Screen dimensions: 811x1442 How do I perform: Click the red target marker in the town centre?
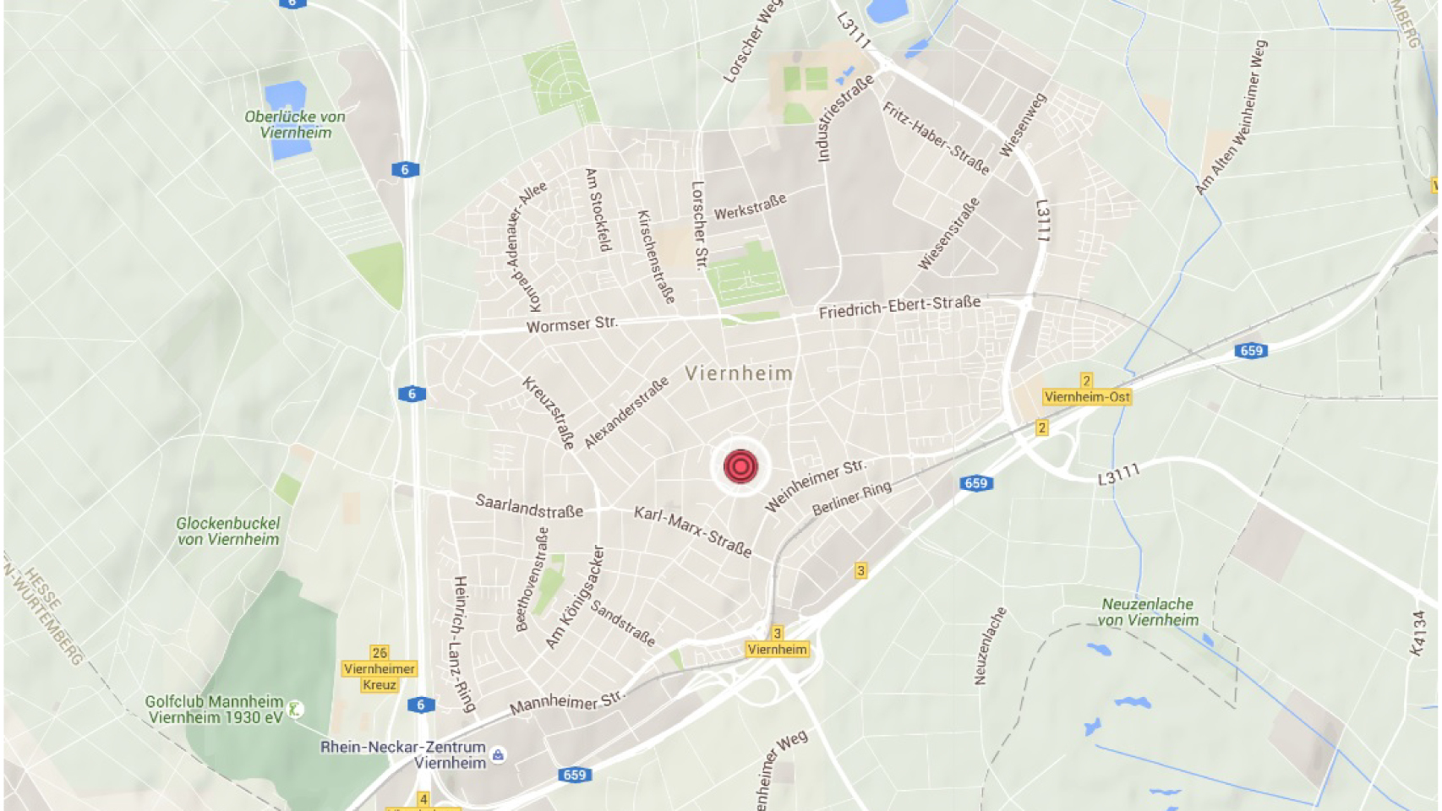[740, 466]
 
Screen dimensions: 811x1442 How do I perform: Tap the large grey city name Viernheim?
[739, 373]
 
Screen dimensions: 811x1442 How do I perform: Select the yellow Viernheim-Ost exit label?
[1087, 396]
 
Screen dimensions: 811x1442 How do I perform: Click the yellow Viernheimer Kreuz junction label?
[380, 676]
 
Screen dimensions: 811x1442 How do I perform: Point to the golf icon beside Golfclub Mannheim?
[295, 710]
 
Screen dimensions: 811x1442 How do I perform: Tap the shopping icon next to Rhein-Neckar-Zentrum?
[499, 755]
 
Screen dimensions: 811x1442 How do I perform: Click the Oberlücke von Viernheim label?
[295, 124]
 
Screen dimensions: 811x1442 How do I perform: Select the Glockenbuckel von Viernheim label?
[228, 531]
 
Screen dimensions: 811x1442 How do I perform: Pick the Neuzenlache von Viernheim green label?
[1148, 612]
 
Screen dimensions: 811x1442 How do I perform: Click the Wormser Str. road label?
[572, 324]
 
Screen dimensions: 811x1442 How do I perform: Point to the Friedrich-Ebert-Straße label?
[899, 306]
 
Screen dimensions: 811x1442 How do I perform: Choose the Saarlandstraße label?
[529, 506]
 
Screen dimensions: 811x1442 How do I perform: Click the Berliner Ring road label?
[851, 498]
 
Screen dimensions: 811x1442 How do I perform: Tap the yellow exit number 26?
[380, 652]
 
